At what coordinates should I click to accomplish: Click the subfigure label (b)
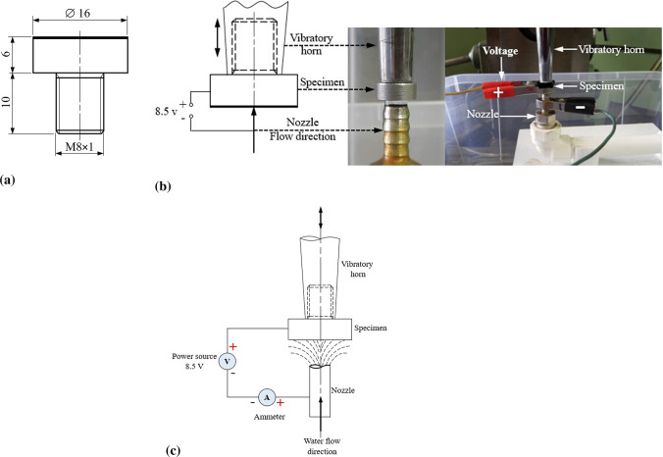click(x=163, y=184)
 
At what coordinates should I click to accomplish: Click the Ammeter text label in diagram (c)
click(x=269, y=419)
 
